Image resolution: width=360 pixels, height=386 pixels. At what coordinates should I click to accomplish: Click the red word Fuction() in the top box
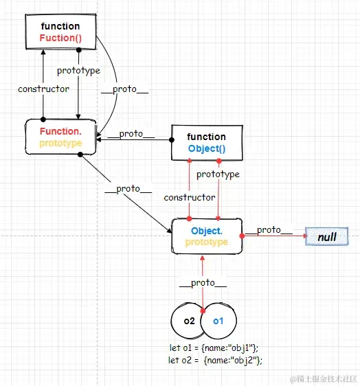click(x=60, y=38)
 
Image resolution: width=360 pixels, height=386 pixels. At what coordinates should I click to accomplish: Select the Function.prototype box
click(x=60, y=137)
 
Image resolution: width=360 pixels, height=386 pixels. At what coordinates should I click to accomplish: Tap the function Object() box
click(x=207, y=143)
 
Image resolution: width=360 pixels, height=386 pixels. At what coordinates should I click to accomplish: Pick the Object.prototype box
click(x=207, y=236)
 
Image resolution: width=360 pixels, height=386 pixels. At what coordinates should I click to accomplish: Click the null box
click(x=327, y=236)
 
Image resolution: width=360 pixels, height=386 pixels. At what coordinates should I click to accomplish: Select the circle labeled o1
click(x=218, y=321)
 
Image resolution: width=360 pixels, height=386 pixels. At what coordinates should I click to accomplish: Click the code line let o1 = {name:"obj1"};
click(x=214, y=348)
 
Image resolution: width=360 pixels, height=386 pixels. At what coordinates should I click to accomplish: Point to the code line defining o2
click(x=215, y=361)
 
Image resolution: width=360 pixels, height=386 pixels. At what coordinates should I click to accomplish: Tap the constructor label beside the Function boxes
click(x=43, y=89)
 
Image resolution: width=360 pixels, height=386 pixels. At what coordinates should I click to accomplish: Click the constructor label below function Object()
click(x=190, y=197)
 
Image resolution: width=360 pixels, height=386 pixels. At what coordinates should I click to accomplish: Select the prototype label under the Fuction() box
click(x=78, y=71)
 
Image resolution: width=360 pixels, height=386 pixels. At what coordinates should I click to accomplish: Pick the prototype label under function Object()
click(x=218, y=174)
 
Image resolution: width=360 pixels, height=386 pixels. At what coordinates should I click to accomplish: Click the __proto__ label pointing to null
click(x=269, y=230)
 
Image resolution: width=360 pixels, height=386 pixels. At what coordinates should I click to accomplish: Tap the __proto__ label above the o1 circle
click(x=203, y=283)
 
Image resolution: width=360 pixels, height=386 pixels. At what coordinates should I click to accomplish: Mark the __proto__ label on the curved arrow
click(x=124, y=89)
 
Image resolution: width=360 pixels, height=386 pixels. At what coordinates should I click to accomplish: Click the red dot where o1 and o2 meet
click(x=203, y=310)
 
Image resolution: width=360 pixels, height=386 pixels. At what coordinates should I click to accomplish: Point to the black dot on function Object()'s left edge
click(x=172, y=140)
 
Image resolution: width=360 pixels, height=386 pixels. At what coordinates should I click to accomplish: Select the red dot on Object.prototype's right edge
click(x=242, y=236)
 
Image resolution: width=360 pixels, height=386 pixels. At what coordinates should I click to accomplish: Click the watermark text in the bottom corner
click(x=324, y=379)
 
